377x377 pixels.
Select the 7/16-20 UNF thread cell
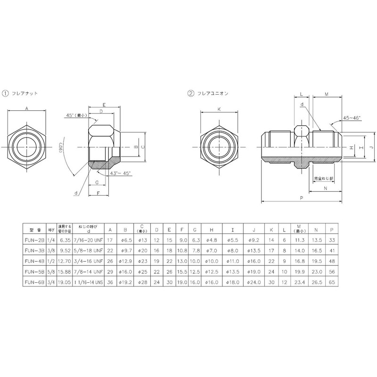tap(87, 239)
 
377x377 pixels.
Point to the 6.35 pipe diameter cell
tap(65, 239)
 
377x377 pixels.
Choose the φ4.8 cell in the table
tap(212, 239)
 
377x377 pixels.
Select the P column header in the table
tap(332, 229)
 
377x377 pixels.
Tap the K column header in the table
tap(271, 229)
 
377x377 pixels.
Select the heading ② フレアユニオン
tap(207, 93)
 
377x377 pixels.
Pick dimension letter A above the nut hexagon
tap(27, 108)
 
